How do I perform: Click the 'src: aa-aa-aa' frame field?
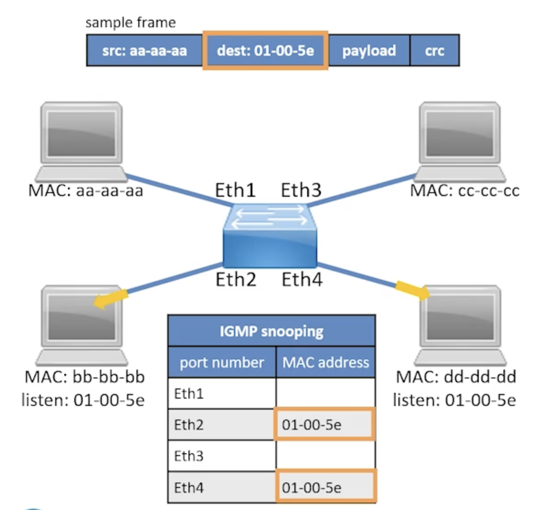click(x=145, y=51)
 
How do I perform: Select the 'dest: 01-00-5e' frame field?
click(x=265, y=51)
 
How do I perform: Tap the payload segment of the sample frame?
click(x=369, y=51)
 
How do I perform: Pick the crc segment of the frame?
click(x=435, y=51)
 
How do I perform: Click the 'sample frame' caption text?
click(x=131, y=23)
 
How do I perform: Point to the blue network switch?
click(x=270, y=236)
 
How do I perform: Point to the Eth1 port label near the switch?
click(x=235, y=190)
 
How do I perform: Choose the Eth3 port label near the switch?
click(x=301, y=190)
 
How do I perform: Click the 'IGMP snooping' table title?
click(x=271, y=331)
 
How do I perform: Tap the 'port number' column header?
click(x=222, y=362)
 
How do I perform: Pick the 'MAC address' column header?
click(x=326, y=362)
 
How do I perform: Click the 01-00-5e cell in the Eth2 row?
click(x=324, y=425)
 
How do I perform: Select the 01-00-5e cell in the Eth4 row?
click(x=325, y=487)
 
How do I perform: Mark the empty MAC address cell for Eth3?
click(x=325, y=456)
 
